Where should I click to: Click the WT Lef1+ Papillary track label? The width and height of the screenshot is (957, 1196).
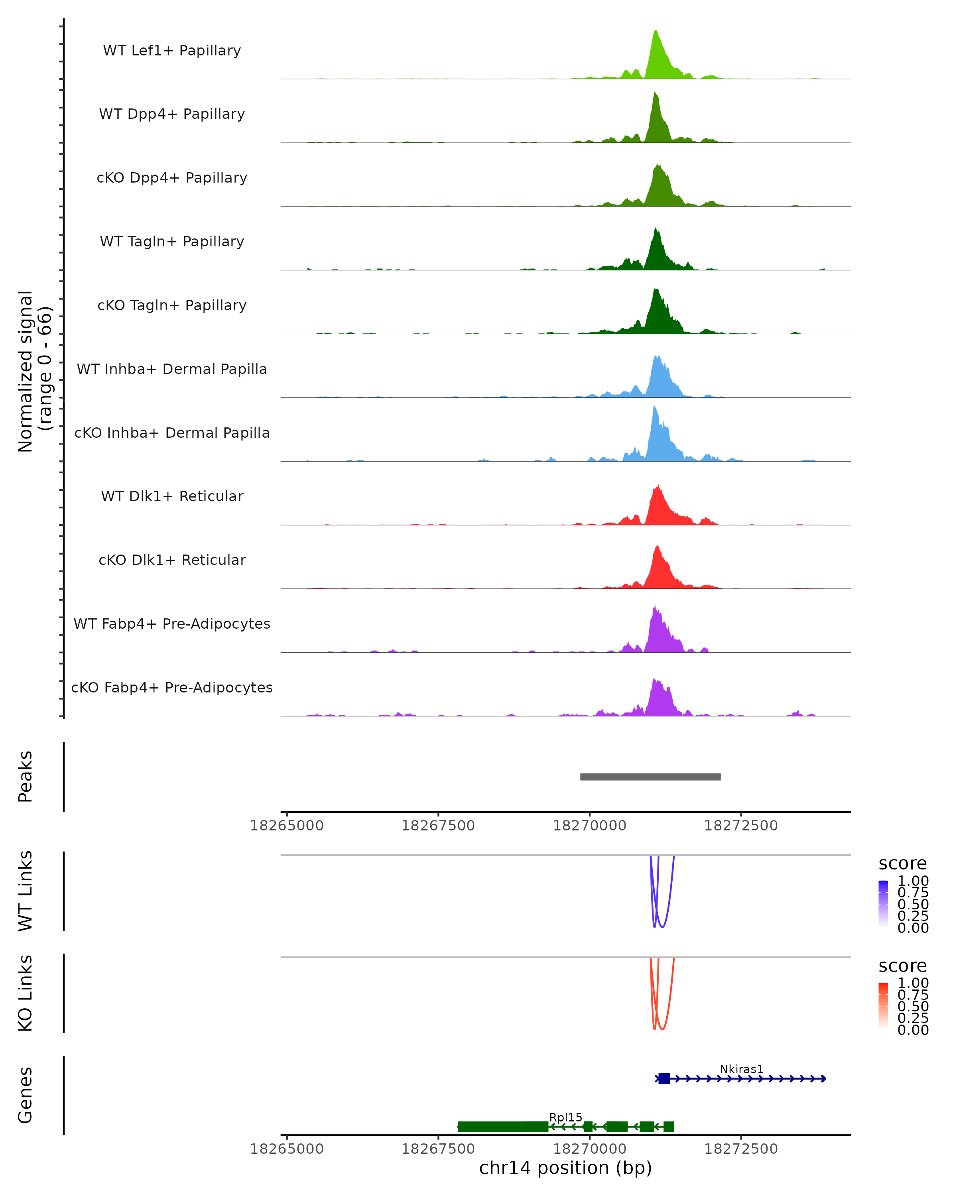(x=172, y=51)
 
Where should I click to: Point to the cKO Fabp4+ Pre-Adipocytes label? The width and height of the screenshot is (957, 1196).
(x=172, y=687)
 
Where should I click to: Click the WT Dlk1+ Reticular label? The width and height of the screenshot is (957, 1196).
(x=172, y=496)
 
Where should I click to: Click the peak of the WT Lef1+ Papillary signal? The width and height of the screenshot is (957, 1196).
(x=656, y=31)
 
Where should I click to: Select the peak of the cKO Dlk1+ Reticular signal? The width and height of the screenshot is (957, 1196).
(x=658, y=547)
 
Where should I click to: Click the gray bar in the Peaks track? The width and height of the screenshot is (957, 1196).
(x=650, y=777)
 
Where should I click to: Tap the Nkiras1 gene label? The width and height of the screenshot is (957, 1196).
(x=741, y=1069)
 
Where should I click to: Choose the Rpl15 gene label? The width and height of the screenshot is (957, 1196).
(x=565, y=1117)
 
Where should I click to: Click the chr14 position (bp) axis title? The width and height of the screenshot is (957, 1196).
(x=565, y=1168)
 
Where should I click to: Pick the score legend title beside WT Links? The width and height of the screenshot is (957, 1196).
(x=903, y=863)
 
